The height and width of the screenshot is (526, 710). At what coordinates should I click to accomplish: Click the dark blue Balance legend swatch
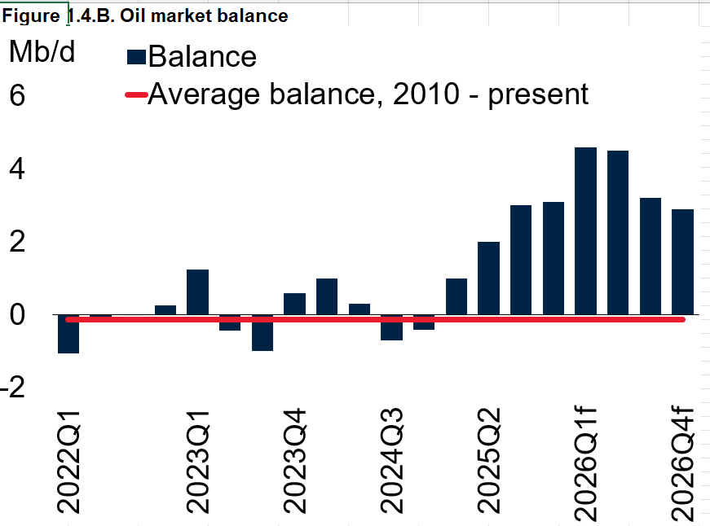pyautogui.click(x=136, y=57)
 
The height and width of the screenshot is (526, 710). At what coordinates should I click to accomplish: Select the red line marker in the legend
pyautogui.click(x=135, y=95)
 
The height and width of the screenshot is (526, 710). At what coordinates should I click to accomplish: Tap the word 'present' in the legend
pyautogui.click(x=538, y=94)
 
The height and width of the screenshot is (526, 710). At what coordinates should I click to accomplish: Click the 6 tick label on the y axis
pyautogui.click(x=17, y=95)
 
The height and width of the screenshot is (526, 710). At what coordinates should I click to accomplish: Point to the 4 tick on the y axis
pyautogui.click(x=17, y=169)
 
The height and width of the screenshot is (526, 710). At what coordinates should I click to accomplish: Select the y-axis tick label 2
pyautogui.click(x=17, y=242)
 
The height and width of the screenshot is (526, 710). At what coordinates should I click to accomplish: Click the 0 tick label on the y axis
pyautogui.click(x=17, y=315)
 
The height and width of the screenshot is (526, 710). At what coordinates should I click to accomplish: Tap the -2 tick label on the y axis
pyautogui.click(x=15, y=388)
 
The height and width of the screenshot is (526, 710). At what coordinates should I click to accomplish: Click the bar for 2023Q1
pyautogui.click(x=197, y=291)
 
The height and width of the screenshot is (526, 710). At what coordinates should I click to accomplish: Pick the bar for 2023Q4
pyautogui.click(x=294, y=304)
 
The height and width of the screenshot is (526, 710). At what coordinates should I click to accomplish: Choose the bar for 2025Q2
pyautogui.click(x=488, y=278)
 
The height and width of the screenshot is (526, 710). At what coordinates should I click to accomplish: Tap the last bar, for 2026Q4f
pyautogui.click(x=682, y=261)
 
